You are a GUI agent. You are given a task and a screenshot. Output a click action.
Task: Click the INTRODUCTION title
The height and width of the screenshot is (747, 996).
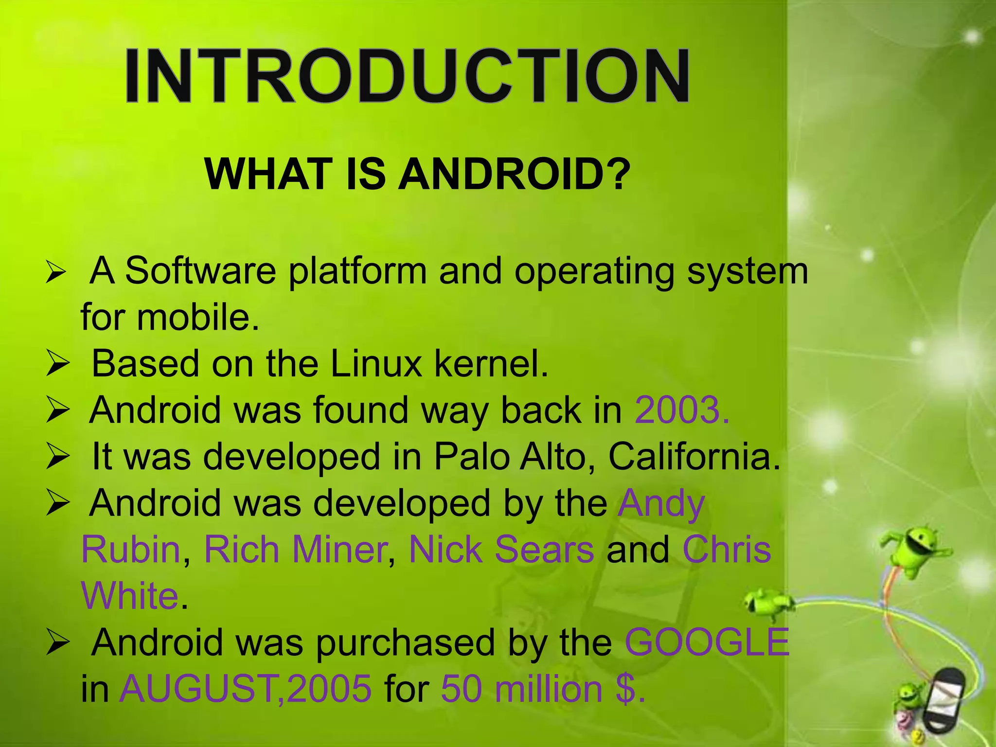[407, 76]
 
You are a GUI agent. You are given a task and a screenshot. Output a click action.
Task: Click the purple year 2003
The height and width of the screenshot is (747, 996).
[681, 410]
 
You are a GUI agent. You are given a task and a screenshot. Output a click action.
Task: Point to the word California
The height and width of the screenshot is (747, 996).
[694, 457]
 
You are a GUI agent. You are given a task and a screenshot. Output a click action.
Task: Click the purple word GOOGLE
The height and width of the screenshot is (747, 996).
[707, 642]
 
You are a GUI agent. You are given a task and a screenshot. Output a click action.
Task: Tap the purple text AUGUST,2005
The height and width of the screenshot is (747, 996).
[246, 689]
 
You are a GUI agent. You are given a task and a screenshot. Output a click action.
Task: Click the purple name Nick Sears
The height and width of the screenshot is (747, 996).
[501, 550]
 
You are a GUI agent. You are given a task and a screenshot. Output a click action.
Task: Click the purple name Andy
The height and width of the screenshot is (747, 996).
[661, 503]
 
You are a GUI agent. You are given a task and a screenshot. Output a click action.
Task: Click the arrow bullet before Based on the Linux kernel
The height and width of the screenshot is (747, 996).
[58, 365]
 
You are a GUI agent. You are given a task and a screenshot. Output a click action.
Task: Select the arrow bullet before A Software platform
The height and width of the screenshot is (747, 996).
[55, 272]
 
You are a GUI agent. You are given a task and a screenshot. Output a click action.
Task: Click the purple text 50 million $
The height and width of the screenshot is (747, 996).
[543, 689]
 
